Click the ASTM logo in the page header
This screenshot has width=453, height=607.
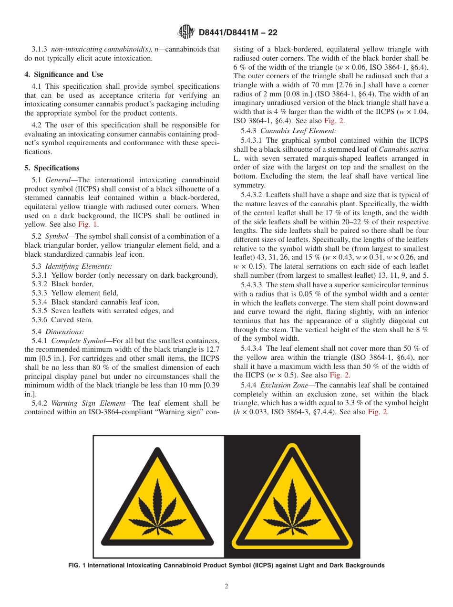click(185, 32)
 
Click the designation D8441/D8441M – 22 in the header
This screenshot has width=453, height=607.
click(237, 32)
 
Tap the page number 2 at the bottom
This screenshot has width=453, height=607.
click(226, 586)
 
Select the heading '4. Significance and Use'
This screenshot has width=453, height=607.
click(64, 74)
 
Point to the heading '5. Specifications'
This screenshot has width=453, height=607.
click(52, 168)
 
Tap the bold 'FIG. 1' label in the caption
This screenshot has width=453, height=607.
click(79, 565)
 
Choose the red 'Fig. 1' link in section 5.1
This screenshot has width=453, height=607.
click(88, 224)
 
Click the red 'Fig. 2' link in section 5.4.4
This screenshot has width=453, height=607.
click(378, 412)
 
